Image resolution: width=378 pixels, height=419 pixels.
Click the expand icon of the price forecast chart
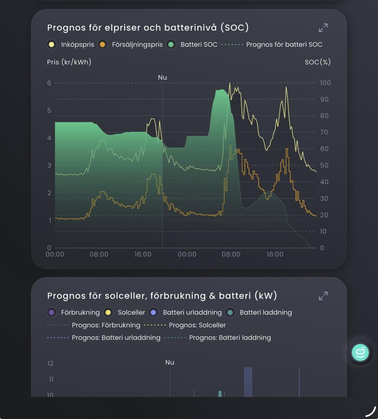[x=323, y=28]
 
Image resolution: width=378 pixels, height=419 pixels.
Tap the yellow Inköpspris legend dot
[x=51, y=45]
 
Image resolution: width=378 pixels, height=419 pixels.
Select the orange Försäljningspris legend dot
[x=103, y=45]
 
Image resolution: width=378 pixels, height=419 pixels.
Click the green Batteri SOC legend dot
[x=171, y=45]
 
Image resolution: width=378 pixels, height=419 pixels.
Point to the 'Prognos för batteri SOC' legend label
[x=284, y=45]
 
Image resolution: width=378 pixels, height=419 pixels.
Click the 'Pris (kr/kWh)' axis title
[x=69, y=62]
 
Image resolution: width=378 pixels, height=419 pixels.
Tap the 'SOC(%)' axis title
[x=318, y=62]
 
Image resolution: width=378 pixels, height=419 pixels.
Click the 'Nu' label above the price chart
[x=162, y=77]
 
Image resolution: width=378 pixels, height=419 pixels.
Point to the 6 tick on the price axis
[x=49, y=83]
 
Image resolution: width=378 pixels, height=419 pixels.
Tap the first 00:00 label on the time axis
[x=55, y=255]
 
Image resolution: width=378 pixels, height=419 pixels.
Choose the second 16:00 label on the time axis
[x=275, y=255]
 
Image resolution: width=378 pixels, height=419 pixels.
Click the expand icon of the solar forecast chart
[x=323, y=295]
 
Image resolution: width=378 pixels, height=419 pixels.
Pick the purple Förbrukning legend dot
[x=51, y=312]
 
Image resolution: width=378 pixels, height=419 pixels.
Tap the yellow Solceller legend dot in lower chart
[x=108, y=312]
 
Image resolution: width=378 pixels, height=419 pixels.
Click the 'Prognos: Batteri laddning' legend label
[x=230, y=338]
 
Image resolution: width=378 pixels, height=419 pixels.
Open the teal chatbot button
[x=360, y=352]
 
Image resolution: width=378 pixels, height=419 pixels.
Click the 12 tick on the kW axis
[x=50, y=363]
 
